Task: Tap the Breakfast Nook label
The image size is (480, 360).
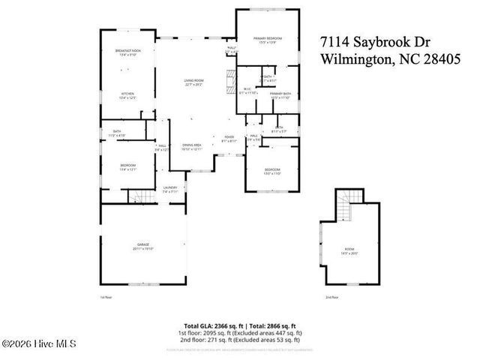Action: [x=127, y=52]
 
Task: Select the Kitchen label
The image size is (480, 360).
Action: [x=127, y=95]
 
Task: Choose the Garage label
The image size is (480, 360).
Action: [x=142, y=245]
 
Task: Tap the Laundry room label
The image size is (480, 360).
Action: [x=171, y=190]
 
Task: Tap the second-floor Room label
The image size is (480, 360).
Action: [x=349, y=251]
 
